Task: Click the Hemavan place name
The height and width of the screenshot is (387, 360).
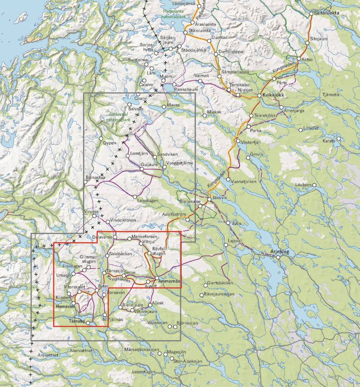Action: tap(65, 307)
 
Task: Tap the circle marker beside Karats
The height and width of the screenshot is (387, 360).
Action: tap(339, 139)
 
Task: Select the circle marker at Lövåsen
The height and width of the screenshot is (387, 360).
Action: tap(314, 186)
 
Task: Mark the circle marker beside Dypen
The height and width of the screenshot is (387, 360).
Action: tap(101, 139)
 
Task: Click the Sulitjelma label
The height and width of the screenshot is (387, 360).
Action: tap(138, 60)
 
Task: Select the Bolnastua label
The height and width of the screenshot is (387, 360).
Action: tap(96, 176)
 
